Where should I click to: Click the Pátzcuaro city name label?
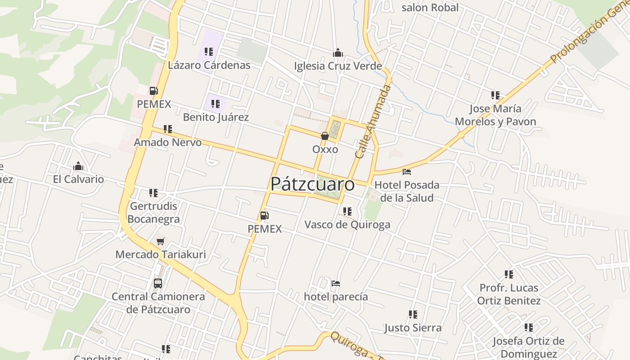312,184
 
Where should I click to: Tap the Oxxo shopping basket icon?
324,135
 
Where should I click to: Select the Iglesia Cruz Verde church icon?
338,53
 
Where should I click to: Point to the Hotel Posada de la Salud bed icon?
407,172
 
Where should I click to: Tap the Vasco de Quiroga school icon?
347,211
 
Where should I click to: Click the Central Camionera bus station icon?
158,283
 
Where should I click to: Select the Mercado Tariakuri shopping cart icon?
161,241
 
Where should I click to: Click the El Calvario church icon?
78,166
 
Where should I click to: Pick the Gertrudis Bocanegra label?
153,212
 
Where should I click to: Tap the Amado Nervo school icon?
168,129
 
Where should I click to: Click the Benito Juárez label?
216,117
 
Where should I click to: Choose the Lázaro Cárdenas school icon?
208,52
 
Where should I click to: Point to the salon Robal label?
430,8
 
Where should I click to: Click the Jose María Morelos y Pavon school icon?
495,95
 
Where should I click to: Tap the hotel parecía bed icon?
335,283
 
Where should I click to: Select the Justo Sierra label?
413,328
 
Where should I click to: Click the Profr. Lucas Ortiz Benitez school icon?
509,274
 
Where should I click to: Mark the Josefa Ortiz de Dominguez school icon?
529,328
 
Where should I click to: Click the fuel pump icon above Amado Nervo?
154,91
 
